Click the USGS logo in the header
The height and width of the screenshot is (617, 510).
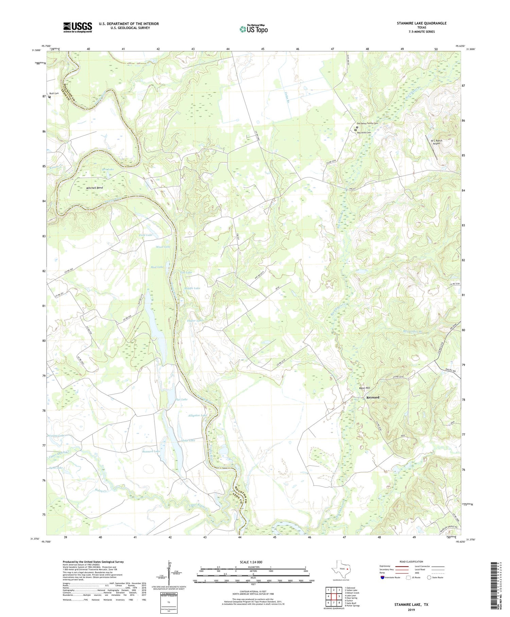tap(78, 27)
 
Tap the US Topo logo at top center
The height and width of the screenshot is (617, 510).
tap(253, 29)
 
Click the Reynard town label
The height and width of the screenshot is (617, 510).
tap(373, 397)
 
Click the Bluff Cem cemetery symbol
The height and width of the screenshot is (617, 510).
tap(50, 97)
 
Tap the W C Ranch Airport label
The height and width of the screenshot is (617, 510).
tap(436, 142)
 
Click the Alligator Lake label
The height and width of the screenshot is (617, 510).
tap(197, 416)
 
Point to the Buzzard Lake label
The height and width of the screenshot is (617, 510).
tap(151, 451)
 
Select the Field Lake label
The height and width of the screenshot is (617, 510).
tap(146, 235)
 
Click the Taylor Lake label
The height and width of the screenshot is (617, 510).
tap(195, 321)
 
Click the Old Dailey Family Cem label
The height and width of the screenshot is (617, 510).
tap(368, 124)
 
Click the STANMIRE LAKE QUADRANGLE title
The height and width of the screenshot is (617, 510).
tap(421, 23)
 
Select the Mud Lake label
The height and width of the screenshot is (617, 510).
tap(157, 267)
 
